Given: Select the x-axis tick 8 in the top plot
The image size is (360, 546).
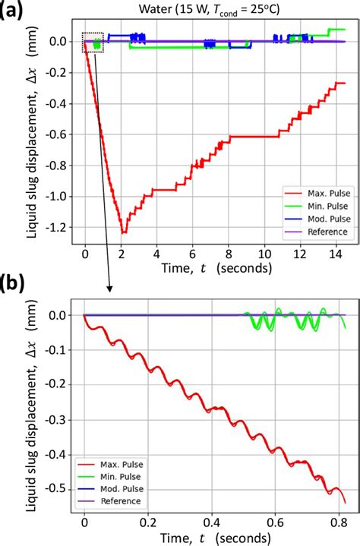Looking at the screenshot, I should (x=229, y=252).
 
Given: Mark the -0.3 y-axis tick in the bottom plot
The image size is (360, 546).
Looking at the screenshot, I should (x=62, y=420).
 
